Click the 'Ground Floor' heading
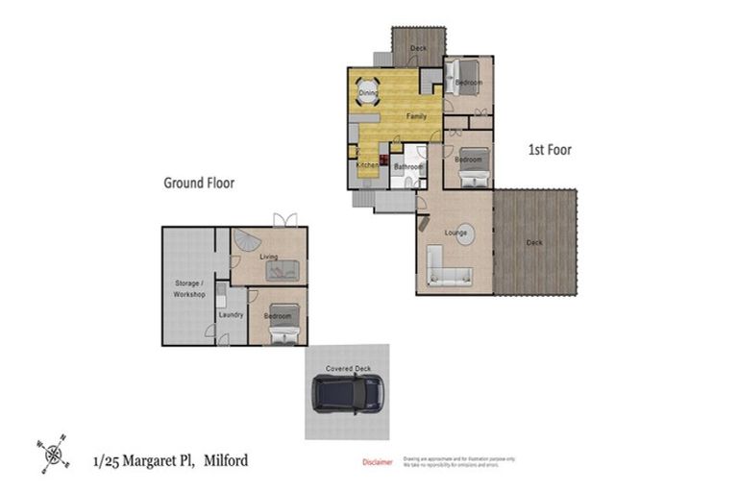pyautogui.click(x=199, y=182)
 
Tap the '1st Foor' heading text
pyautogui.click(x=550, y=150)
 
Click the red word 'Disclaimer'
pyautogui.click(x=377, y=462)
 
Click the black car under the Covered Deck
pyautogui.click(x=348, y=393)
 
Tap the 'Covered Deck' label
pyautogui.click(x=348, y=368)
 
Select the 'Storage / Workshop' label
pyautogui.click(x=189, y=288)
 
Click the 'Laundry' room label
pyautogui.click(x=231, y=314)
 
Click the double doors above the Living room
pyautogui.click(x=284, y=220)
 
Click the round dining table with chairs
pyautogui.click(x=369, y=93)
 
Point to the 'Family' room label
pyautogui.click(x=416, y=116)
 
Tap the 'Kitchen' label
pyautogui.click(x=367, y=165)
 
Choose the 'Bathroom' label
pyautogui.click(x=408, y=167)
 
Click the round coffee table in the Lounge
pyautogui.click(x=464, y=234)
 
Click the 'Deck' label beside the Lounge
pyautogui.click(x=534, y=242)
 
